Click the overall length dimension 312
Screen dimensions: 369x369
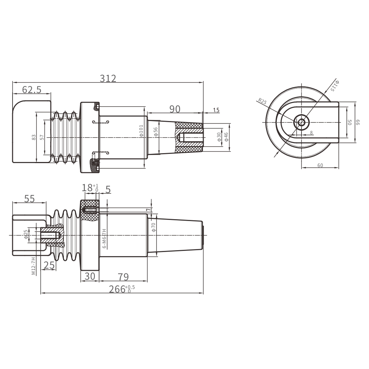(x=108, y=78)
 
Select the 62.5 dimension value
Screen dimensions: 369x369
(x=32, y=90)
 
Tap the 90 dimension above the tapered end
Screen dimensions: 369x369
(x=175, y=109)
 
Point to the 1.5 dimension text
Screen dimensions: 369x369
(x=216, y=110)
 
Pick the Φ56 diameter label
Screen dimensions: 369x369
(x=156, y=132)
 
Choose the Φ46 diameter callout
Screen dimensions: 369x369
(x=226, y=137)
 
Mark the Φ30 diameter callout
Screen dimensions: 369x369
(x=219, y=137)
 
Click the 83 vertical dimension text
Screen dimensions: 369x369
(x=34, y=137)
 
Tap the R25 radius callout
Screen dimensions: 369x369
(x=262, y=101)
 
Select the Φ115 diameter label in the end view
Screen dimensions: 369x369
(x=335, y=86)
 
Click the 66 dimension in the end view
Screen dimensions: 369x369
(x=358, y=123)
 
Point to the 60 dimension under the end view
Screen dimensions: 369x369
(x=320, y=165)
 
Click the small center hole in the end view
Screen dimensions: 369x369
(x=301, y=123)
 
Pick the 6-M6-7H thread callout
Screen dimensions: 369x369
(x=105, y=239)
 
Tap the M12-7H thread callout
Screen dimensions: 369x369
(x=34, y=266)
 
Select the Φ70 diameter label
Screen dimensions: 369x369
(x=154, y=227)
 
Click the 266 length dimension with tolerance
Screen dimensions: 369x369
(x=122, y=289)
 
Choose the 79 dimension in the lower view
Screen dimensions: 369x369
(x=123, y=277)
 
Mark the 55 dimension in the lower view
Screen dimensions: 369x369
(x=30, y=199)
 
